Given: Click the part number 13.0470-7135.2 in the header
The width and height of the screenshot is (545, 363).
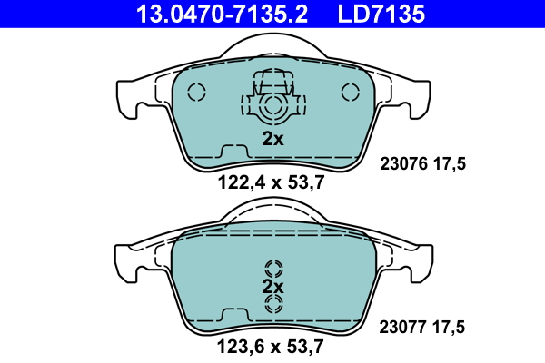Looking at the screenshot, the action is coord(222,14).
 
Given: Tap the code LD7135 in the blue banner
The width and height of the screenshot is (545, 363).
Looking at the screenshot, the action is coord(381,14).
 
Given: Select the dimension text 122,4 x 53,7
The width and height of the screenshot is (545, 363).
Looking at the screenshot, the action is coord(271,182).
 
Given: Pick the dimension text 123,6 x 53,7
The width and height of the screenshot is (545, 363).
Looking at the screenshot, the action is coord(271,347).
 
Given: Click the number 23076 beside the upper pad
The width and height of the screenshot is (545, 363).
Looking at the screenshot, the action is coord(403,163).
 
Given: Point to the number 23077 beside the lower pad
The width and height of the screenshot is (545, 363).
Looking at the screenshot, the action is coord(402,328).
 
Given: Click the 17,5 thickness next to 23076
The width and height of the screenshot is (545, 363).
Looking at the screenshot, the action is coord(450,164).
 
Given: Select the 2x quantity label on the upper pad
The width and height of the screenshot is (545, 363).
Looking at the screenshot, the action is coord(272,139).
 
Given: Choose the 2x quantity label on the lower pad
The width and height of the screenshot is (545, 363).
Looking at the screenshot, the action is coord(272,287).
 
